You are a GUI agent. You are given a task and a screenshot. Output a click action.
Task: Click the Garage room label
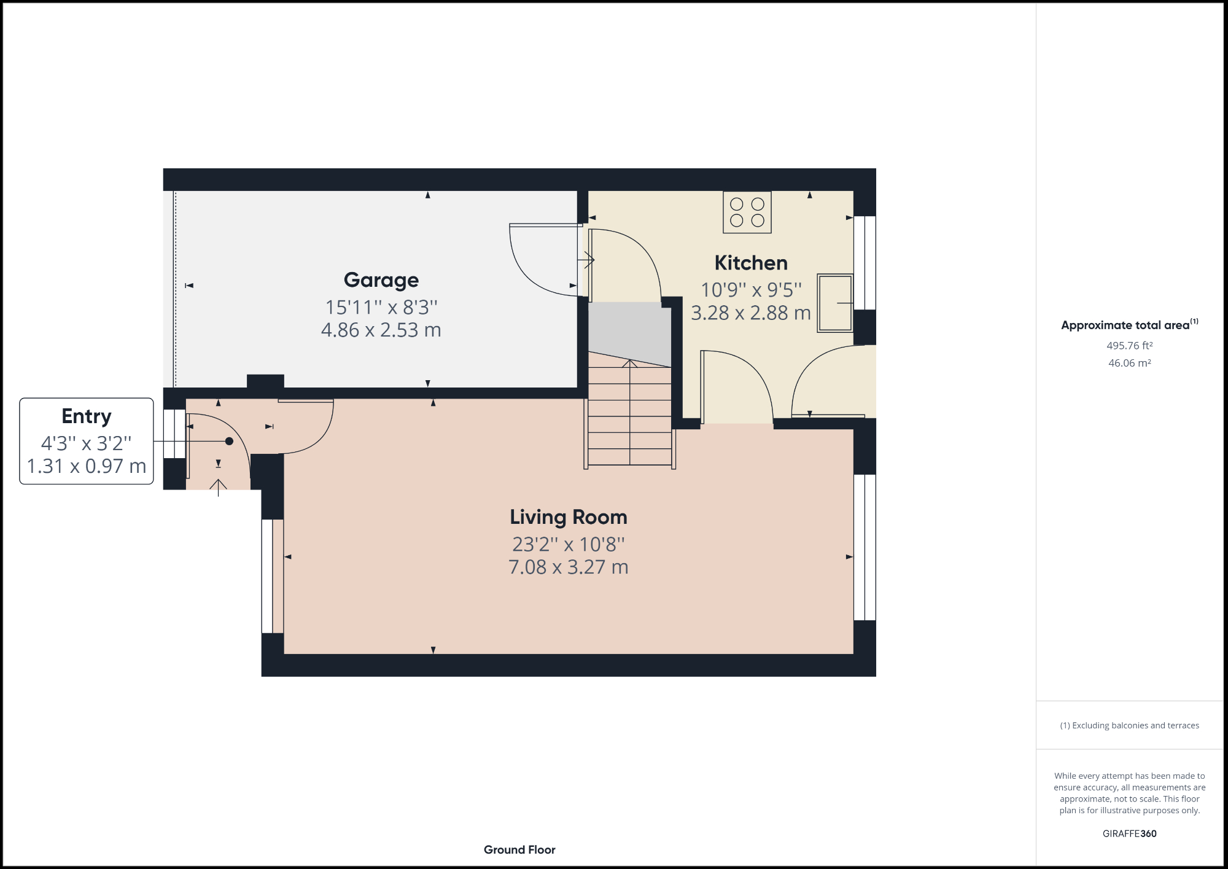[x=381, y=280]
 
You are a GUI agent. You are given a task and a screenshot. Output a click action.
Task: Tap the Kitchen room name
[x=751, y=263]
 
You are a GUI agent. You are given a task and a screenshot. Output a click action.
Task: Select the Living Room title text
[x=569, y=517]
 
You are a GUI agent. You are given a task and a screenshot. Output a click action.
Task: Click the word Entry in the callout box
[x=87, y=416]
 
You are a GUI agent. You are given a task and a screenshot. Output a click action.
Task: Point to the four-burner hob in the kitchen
[x=747, y=212]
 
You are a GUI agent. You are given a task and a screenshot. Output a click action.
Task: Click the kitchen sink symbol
[x=835, y=303]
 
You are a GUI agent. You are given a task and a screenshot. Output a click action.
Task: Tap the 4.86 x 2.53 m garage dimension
[x=381, y=330]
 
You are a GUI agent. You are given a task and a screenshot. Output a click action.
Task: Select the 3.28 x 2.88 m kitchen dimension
[x=751, y=313]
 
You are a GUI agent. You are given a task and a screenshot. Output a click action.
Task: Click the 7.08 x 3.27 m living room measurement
[x=569, y=567]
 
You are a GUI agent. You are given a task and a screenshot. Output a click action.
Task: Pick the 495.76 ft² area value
[x=1129, y=346]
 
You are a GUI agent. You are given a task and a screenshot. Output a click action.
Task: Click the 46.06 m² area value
[x=1129, y=363]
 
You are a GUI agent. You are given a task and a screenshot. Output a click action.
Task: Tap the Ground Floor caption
[x=519, y=849]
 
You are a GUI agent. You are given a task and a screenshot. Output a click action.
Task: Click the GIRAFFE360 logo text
[x=1129, y=833]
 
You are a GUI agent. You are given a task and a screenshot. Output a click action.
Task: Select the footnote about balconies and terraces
[x=1129, y=725]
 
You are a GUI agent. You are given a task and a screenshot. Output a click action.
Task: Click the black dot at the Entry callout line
[x=229, y=441]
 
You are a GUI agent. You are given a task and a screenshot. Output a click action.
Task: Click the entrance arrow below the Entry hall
[x=218, y=488]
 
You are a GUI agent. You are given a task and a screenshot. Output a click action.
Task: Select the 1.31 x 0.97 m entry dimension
[x=87, y=466]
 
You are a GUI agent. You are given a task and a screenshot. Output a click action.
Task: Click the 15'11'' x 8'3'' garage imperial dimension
[x=381, y=307]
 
